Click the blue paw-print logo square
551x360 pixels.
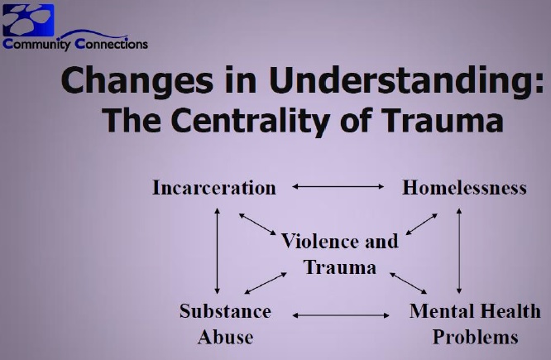[x=28, y=20]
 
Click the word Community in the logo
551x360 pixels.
[x=36, y=45]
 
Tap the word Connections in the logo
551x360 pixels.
[x=112, y=44]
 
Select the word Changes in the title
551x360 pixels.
[x=137, y=82]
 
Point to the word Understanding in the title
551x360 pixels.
[x=407, y=82]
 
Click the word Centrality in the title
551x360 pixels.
[x=250, y=122]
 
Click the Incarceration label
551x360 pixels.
[x=214, y=187]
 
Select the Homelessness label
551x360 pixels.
[x=464, y=187]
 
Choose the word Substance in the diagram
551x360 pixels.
[x=225, y=311]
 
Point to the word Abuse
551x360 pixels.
[x=225, y=337]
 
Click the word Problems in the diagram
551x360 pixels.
[x=475, y=337]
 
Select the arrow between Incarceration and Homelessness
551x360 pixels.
[x=338, y=187]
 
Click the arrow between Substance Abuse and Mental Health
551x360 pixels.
[x=341, y=315]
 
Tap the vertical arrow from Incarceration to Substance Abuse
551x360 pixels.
[x=217, y=251]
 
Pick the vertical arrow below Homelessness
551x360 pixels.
[x=459, y=251]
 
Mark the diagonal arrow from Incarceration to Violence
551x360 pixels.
[x=257, y=224]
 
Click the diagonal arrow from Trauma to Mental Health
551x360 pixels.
[x=409, y=283]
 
